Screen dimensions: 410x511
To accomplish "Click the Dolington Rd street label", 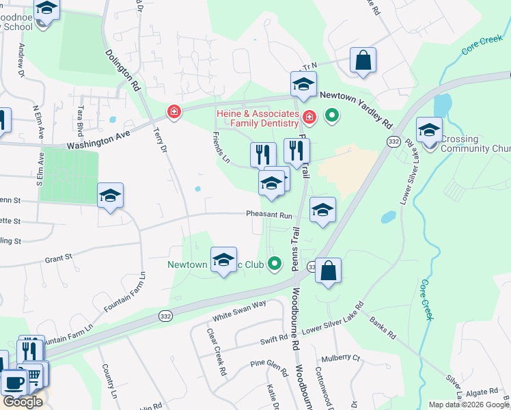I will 122,70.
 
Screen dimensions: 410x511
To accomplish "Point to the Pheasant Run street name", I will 269,214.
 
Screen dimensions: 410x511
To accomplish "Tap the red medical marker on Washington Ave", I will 174,111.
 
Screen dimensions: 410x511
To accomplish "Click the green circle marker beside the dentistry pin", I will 332,115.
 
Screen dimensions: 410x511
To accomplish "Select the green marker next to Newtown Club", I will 275,262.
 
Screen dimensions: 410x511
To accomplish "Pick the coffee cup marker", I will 14,383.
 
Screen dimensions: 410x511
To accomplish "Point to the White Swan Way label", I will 239,310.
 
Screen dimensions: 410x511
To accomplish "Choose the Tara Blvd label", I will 81,118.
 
